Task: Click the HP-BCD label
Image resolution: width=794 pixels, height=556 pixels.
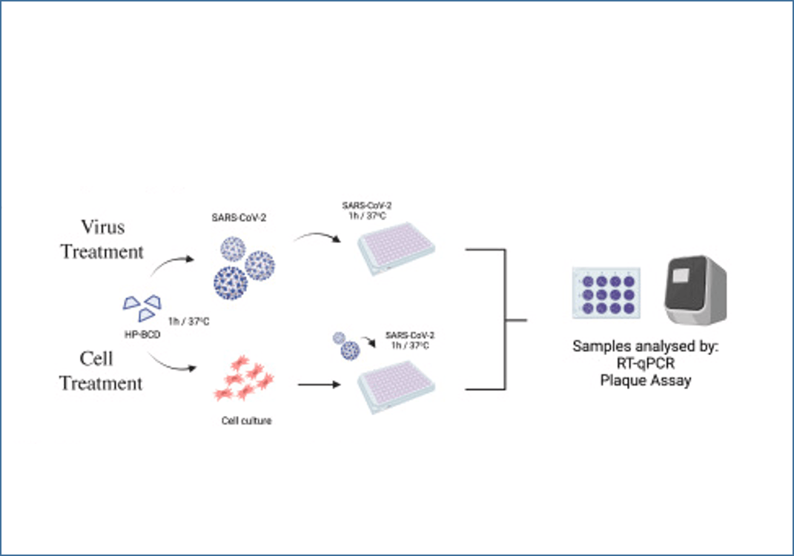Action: tap(142, 335)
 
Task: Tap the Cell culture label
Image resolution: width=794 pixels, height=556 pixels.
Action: tap(247, 421)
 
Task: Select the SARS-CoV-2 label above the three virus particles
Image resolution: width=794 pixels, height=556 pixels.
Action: tap(239, 218)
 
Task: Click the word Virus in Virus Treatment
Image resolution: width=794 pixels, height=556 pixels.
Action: tap(103, 227)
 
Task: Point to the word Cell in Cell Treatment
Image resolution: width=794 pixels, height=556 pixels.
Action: tap(96, 359)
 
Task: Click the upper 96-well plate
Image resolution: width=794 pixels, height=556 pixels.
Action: tap(396, 248)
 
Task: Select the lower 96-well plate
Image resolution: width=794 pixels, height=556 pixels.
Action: tap(396, 386)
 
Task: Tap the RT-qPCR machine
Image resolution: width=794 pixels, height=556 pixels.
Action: tap(695, 290)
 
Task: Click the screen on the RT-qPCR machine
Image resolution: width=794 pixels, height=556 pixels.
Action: tap(680, 275)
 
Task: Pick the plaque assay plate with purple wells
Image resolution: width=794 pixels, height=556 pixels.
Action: tap(606, 293)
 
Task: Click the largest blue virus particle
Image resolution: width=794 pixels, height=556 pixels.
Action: tap(231, 283)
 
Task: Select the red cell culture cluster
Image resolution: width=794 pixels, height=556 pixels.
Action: tap(244, 378)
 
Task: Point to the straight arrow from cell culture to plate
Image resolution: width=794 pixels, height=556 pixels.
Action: tap(319, 385)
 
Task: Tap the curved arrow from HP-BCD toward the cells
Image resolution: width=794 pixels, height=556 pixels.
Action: tap(171, 363)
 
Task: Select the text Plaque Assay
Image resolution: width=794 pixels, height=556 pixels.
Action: tap(646, 380)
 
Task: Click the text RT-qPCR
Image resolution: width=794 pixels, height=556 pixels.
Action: tap(646, 363)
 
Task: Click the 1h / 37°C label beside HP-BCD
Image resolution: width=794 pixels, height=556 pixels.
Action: tap(189, 322)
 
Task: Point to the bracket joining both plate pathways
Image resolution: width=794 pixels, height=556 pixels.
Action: tap(505, 320)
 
